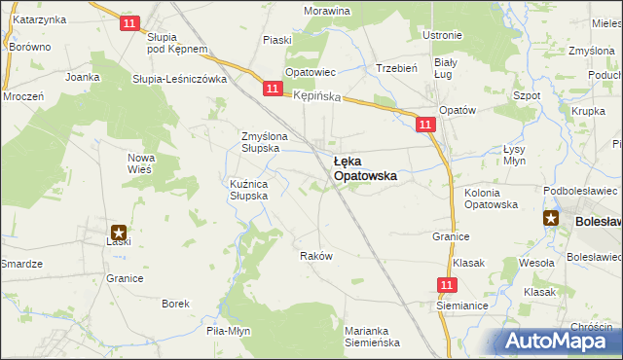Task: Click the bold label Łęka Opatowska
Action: click(x=364, y=168)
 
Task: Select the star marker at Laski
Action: click(x=118, y=233)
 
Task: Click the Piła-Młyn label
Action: click(x=228, y=331)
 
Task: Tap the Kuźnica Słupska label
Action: click(x=256, y=189)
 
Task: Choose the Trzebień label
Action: click(x=396, y=68)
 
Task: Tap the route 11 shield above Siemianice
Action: click(x=446, y=285)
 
